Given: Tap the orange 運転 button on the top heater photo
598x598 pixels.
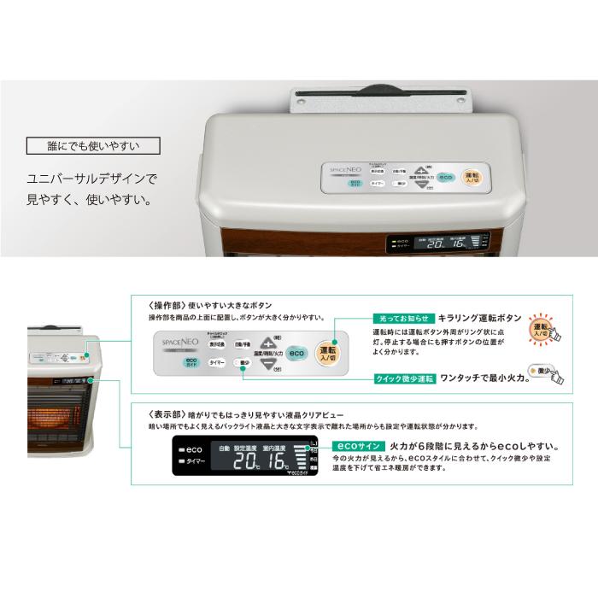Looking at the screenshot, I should pos(472,177).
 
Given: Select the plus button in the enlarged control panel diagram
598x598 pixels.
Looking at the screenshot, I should pos(268,342).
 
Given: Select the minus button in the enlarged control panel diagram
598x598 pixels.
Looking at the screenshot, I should pos(268,364).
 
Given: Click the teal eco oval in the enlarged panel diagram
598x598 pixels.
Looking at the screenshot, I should pos(296,352).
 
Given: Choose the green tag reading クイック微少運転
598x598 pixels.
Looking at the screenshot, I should pos(405,377).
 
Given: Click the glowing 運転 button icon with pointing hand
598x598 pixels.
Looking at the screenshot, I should pos(541,328).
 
